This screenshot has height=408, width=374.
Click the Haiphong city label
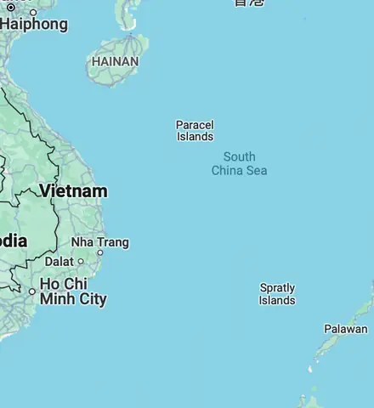34,24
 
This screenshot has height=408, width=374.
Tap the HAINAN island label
115,62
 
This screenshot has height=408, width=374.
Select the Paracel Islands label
195,131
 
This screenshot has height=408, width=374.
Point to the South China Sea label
239,163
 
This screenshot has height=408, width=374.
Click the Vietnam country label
73,191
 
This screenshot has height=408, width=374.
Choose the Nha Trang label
99,242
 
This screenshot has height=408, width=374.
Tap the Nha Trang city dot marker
100,252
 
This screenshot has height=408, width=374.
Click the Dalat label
59,262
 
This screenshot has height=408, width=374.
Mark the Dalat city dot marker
80,262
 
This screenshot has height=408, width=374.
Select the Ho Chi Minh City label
73,291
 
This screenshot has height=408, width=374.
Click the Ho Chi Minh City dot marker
32,292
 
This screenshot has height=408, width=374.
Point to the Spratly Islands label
277,294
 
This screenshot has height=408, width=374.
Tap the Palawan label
346,329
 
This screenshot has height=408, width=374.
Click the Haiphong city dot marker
33,12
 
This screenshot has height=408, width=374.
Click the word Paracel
195,125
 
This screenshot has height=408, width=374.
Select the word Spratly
277,288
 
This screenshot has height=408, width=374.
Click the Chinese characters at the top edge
249,3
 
